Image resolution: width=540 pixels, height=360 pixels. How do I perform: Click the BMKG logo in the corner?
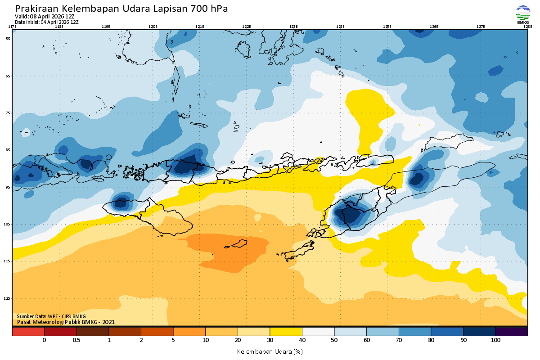coord(523,14)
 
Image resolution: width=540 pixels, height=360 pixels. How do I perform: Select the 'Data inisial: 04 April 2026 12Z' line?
coord(47,22)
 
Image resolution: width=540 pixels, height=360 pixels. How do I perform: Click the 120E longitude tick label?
coord(153,27)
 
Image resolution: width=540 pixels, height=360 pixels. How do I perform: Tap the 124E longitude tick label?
coord(340,27)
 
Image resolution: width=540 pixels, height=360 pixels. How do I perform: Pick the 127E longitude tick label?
coord(481,27)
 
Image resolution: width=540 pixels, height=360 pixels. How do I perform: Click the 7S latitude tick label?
coord(8,113)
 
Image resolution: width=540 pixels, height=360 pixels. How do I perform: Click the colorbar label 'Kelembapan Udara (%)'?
coord(270,351)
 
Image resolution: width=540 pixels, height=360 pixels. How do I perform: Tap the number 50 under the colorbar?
coord(334,340)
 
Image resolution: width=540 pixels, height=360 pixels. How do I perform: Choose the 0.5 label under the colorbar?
coord(76,340)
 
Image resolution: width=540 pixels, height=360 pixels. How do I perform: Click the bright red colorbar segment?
coord(28,331)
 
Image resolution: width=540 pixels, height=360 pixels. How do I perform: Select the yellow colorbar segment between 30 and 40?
coord(286,331)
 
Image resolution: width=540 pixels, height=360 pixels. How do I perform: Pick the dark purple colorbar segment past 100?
coord(511,331)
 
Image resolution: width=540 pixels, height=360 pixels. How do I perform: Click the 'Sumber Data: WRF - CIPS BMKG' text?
coord(51,316)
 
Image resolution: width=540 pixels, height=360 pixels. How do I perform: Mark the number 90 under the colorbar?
coord(463,340)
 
